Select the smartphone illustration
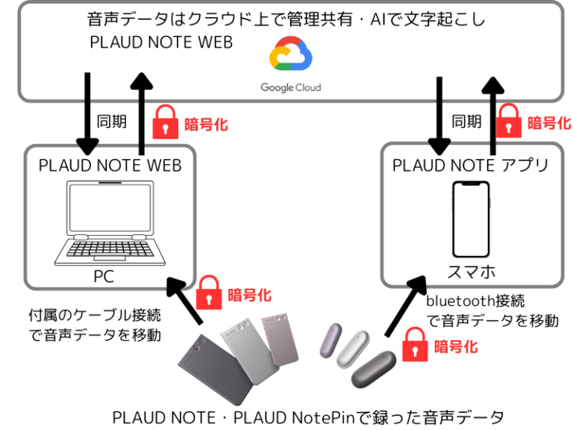(471, 219)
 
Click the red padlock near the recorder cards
(210, 293)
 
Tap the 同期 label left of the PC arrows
(112, 121)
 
